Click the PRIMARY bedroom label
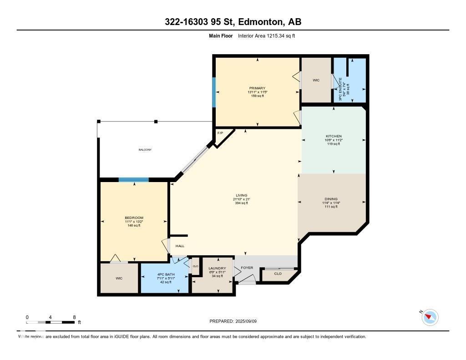257,88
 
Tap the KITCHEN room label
333,136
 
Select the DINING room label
331,199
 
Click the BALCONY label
145,150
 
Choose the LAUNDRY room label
217,268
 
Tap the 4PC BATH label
164,274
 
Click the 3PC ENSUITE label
341,89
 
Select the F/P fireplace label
220,133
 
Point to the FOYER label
247,268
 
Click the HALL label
180,246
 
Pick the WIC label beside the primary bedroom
316,80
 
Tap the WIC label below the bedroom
119,278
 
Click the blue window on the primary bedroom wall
214,92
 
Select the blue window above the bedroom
133,180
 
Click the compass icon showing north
430,317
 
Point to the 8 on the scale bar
74,317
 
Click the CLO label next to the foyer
278,274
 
